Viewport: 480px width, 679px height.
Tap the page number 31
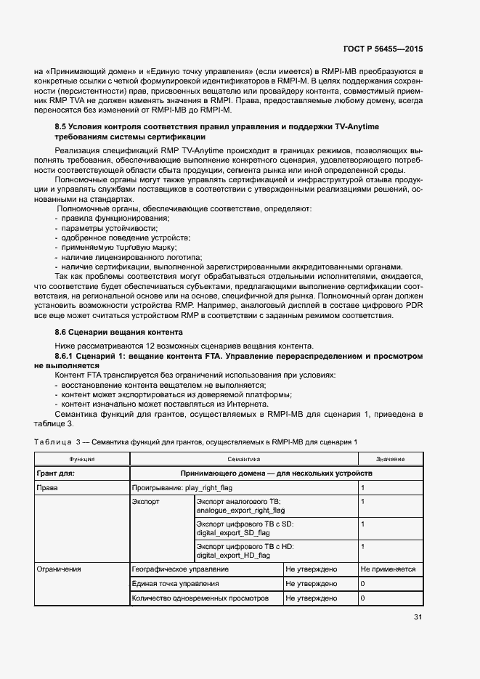418,617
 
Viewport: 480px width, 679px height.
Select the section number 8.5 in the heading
62,127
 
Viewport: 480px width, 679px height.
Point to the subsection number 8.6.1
68,357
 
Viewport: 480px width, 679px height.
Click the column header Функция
82,460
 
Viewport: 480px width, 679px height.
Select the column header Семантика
243,460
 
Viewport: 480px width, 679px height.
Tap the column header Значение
390,460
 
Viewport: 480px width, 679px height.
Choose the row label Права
47,489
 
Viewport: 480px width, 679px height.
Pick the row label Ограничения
59,569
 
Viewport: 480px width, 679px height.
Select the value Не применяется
388,569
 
